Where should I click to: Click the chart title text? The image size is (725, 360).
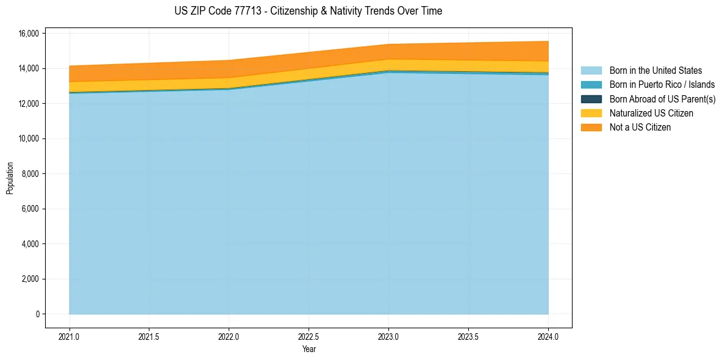coord(308,11)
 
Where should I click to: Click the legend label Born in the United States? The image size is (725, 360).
coord(655,71)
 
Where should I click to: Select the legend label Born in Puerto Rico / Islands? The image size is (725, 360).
coord(662,85)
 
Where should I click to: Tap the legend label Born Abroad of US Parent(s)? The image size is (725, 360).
coord(662,99)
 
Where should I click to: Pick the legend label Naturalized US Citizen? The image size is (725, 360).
coord(651,113)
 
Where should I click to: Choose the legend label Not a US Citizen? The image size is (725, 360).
coord(640,128)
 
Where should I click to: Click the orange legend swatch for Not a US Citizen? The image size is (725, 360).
coord(591,128)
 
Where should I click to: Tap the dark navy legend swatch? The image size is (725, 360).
coord(591,99)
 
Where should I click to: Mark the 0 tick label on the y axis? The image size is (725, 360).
coord(37,315)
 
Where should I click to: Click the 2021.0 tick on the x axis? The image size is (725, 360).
coord(70,336)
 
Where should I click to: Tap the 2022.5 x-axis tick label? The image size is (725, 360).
coord(309,336)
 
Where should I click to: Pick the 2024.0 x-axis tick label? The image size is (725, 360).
coord(548,336)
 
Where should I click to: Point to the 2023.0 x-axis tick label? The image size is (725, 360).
coord(388,336)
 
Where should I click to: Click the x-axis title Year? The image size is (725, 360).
coord(309,350)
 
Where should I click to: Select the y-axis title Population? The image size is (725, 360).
coord(10,178)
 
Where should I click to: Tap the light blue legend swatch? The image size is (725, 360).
coord(591,71)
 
